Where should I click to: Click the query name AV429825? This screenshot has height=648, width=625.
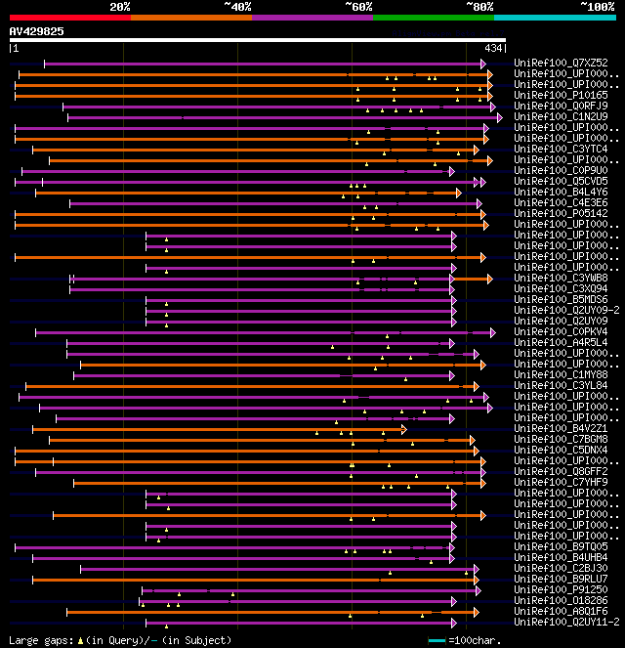click(37, 31)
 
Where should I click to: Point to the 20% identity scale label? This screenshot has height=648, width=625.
click(120, 6)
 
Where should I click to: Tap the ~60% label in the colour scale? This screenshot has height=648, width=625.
click(357, 6)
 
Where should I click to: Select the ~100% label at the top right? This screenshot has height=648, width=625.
click(597, 6)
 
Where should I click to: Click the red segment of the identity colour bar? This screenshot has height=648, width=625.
click(69, 18)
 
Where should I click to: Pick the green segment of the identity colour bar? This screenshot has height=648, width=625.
click(433, 18)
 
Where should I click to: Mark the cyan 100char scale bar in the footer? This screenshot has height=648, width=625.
click(437, 640)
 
